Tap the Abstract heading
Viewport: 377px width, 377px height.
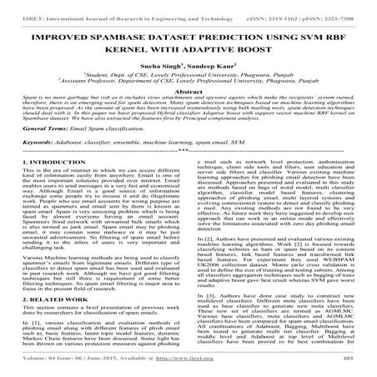(x=188, y=94)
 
